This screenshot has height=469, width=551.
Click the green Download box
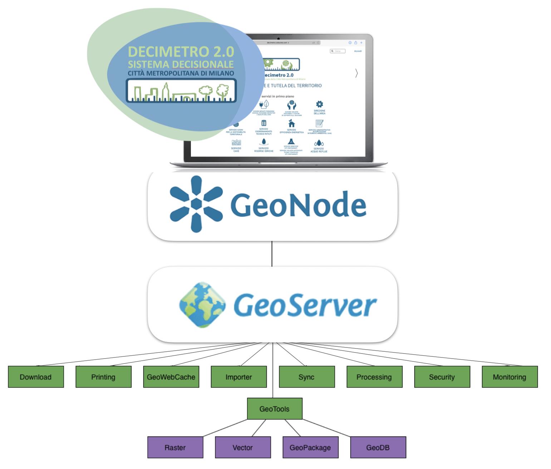(36, 377)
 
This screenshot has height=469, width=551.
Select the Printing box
(103, 377)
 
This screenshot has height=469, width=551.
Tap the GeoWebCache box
(171, 377)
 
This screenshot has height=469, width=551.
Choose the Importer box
(238, 377)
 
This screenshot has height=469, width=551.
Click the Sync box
(306, 377)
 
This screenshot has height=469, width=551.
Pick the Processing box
(374, 377)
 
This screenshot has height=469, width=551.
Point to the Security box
(442, 377)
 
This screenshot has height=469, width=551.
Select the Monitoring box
(510, 377)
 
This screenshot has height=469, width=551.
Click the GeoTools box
(274, 409)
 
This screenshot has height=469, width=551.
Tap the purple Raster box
(175, 447)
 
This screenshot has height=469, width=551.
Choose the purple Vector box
(243, 447)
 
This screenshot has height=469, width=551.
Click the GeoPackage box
(310, 447)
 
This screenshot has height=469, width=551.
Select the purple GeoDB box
(378, 447)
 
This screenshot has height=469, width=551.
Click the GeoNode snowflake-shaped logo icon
(196, 204)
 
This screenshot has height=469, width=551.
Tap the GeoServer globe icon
(202, 305)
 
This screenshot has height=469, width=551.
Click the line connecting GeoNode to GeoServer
(272, 253)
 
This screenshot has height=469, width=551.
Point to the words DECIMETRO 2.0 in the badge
(181, 52)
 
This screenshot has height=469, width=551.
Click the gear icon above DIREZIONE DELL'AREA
(319, 104)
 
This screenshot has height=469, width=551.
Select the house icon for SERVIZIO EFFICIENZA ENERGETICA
(292, 123)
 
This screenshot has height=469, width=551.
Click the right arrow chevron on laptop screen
(356, 73)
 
